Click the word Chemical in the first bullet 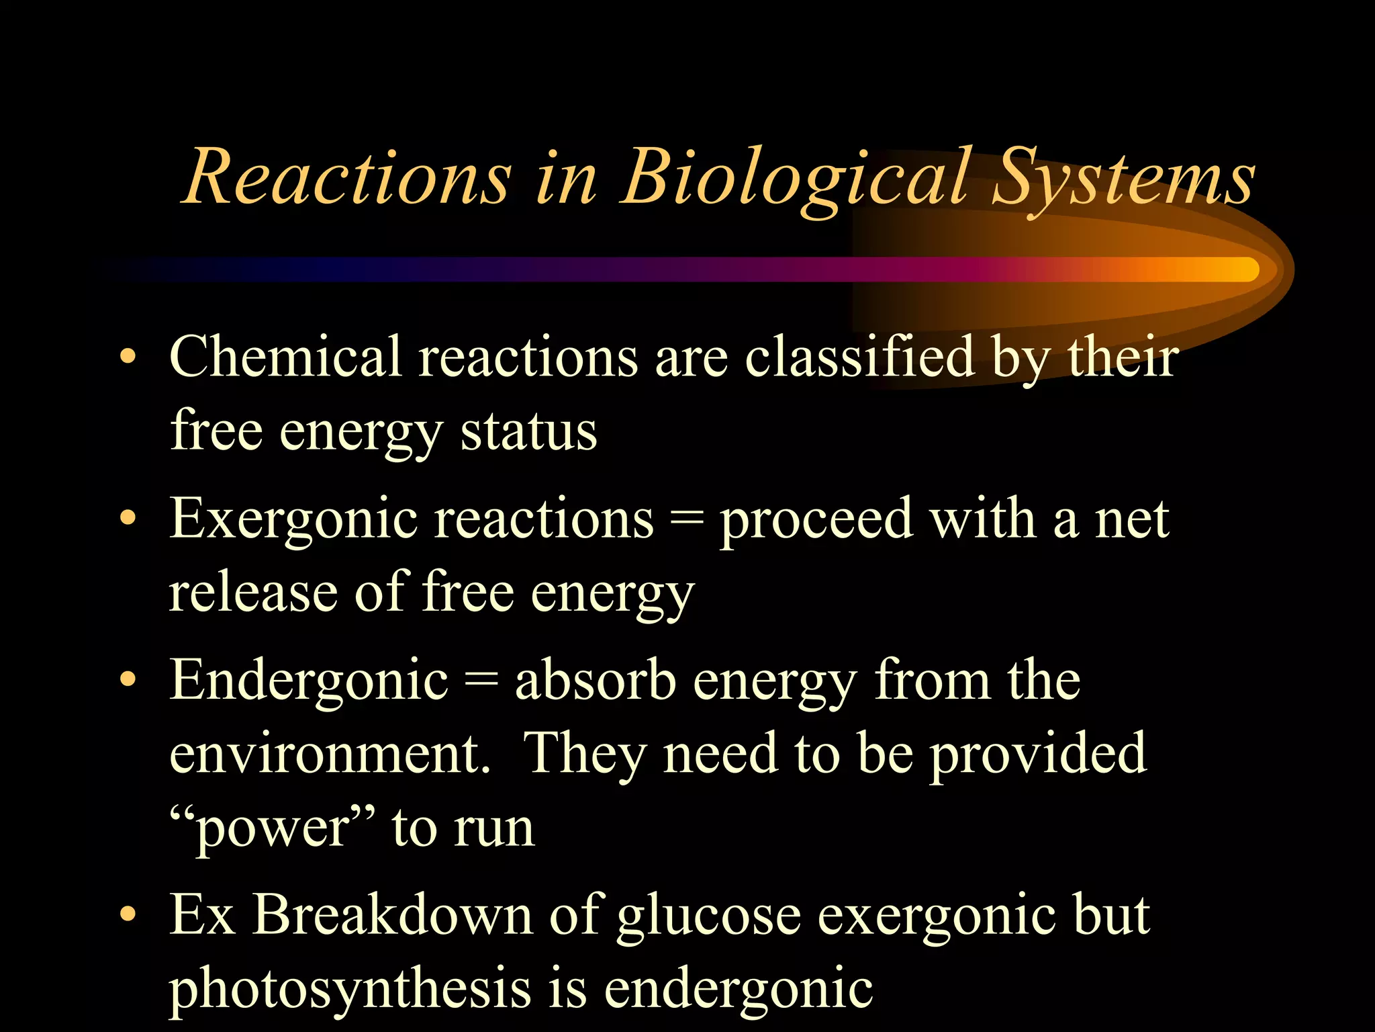pos(285,356)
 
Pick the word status pos(528,431)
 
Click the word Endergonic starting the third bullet pos(309,681)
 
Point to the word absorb pos(595,680)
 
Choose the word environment pos(329,754)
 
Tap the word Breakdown pos(392,915)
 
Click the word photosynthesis pos(349,990)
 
